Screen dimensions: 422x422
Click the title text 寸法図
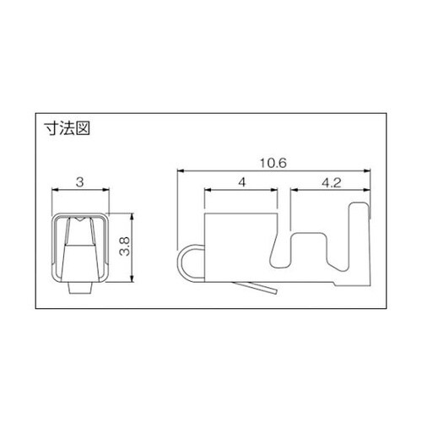[x=68, y=129]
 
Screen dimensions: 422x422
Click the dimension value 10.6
[x=273, y=163]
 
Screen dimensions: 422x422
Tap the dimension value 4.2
[x=331, y=183]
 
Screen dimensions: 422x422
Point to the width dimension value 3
[x=80, y=182]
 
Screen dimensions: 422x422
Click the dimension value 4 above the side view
[x=241, y=182]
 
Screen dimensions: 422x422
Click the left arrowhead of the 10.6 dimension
[x=181, y=170]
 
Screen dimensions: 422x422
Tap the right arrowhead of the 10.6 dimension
[x=367, y=170]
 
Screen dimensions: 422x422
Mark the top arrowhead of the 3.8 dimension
[x=132, y=216]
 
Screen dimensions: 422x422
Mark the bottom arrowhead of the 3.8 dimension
[x=132, y=279]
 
